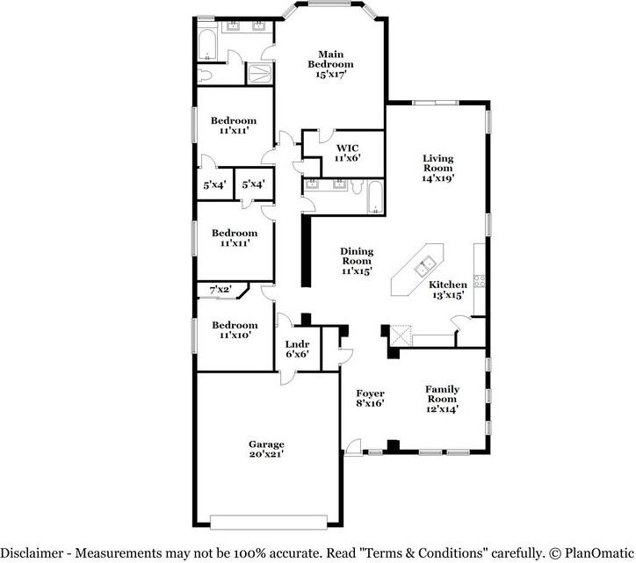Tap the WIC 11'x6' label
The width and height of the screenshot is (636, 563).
pyautogui.click(x=347, y=153)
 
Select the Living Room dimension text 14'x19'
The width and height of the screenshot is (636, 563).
pyautogui.click(x=438, y=178)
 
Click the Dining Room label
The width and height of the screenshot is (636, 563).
pyautogui.click(x=357, y=256)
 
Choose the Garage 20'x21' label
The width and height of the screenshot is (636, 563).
pyautogui.click(x=266, y=449)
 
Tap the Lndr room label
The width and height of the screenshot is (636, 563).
pyautogui.click(x=297, y=344)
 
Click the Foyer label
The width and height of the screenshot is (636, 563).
pyautogui.click(x=371, y=393)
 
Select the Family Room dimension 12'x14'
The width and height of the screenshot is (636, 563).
pyautogui.click(x=442, y=409)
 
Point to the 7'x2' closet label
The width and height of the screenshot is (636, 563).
pyautogui.click(x=220, y=290)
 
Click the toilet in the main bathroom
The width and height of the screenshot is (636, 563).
pyautogui.click(x=205, y=76)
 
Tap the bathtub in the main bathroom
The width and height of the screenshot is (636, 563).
pyautogui.click(x=207, y=45)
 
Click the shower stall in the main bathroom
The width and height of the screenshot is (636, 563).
pyautogui.click(x=260, y=74)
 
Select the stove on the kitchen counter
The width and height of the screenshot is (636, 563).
pyautogui.click(x=480, y=281)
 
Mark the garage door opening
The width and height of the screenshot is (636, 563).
pyautogui.click(x=269, y=522)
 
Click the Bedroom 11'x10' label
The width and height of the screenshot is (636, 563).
pyautogui.click(x=235, y=329)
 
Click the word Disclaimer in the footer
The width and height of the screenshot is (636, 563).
pyautogui.click(x=33, y=552)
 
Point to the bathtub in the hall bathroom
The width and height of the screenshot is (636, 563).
pyautogui.click(x=375, y=198)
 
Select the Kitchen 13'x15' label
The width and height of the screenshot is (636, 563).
pyautogui.click(x=448, y=290)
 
